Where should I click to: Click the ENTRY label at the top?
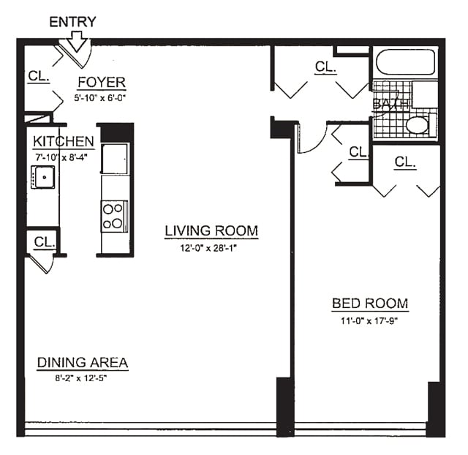click(72, 22)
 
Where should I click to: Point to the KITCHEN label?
click(63, 142)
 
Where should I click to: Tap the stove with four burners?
click(114, 216)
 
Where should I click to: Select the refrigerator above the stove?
click(115, 158)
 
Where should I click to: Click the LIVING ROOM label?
click(211, 231)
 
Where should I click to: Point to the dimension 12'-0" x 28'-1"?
click(211, 247)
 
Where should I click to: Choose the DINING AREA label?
click(83, 362)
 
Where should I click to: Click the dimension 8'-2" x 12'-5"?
click(83, 377)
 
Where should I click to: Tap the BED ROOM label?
click(369, 304)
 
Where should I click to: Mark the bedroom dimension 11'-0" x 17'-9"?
click(369, 320)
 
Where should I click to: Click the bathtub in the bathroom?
click(405, 62)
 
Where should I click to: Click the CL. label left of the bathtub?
click(325, 67)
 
